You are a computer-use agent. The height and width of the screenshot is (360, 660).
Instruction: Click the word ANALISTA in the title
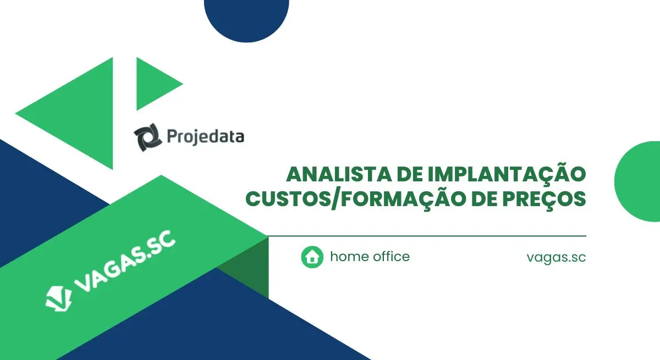click(339, 175)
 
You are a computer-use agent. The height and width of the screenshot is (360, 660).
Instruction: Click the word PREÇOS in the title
click(544, 200)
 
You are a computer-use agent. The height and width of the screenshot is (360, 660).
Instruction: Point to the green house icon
click(312, 257)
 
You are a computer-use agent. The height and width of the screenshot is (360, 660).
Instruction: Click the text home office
click(370, 256)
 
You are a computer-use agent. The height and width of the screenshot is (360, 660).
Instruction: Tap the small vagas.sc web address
click(556, 257)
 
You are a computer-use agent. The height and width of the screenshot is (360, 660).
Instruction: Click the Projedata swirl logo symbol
click(148, 137)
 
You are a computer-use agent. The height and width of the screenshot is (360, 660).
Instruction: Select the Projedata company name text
click(206, 137)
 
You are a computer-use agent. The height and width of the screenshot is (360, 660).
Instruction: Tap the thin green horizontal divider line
click(427, 236)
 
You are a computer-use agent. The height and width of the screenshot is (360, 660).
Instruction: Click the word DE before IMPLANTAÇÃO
click(410, 175)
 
